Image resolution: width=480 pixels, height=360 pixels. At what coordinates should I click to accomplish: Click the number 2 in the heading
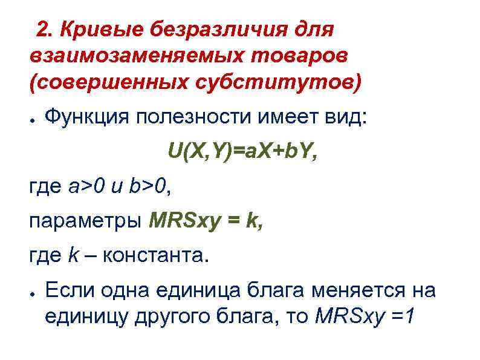pos(42,28)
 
